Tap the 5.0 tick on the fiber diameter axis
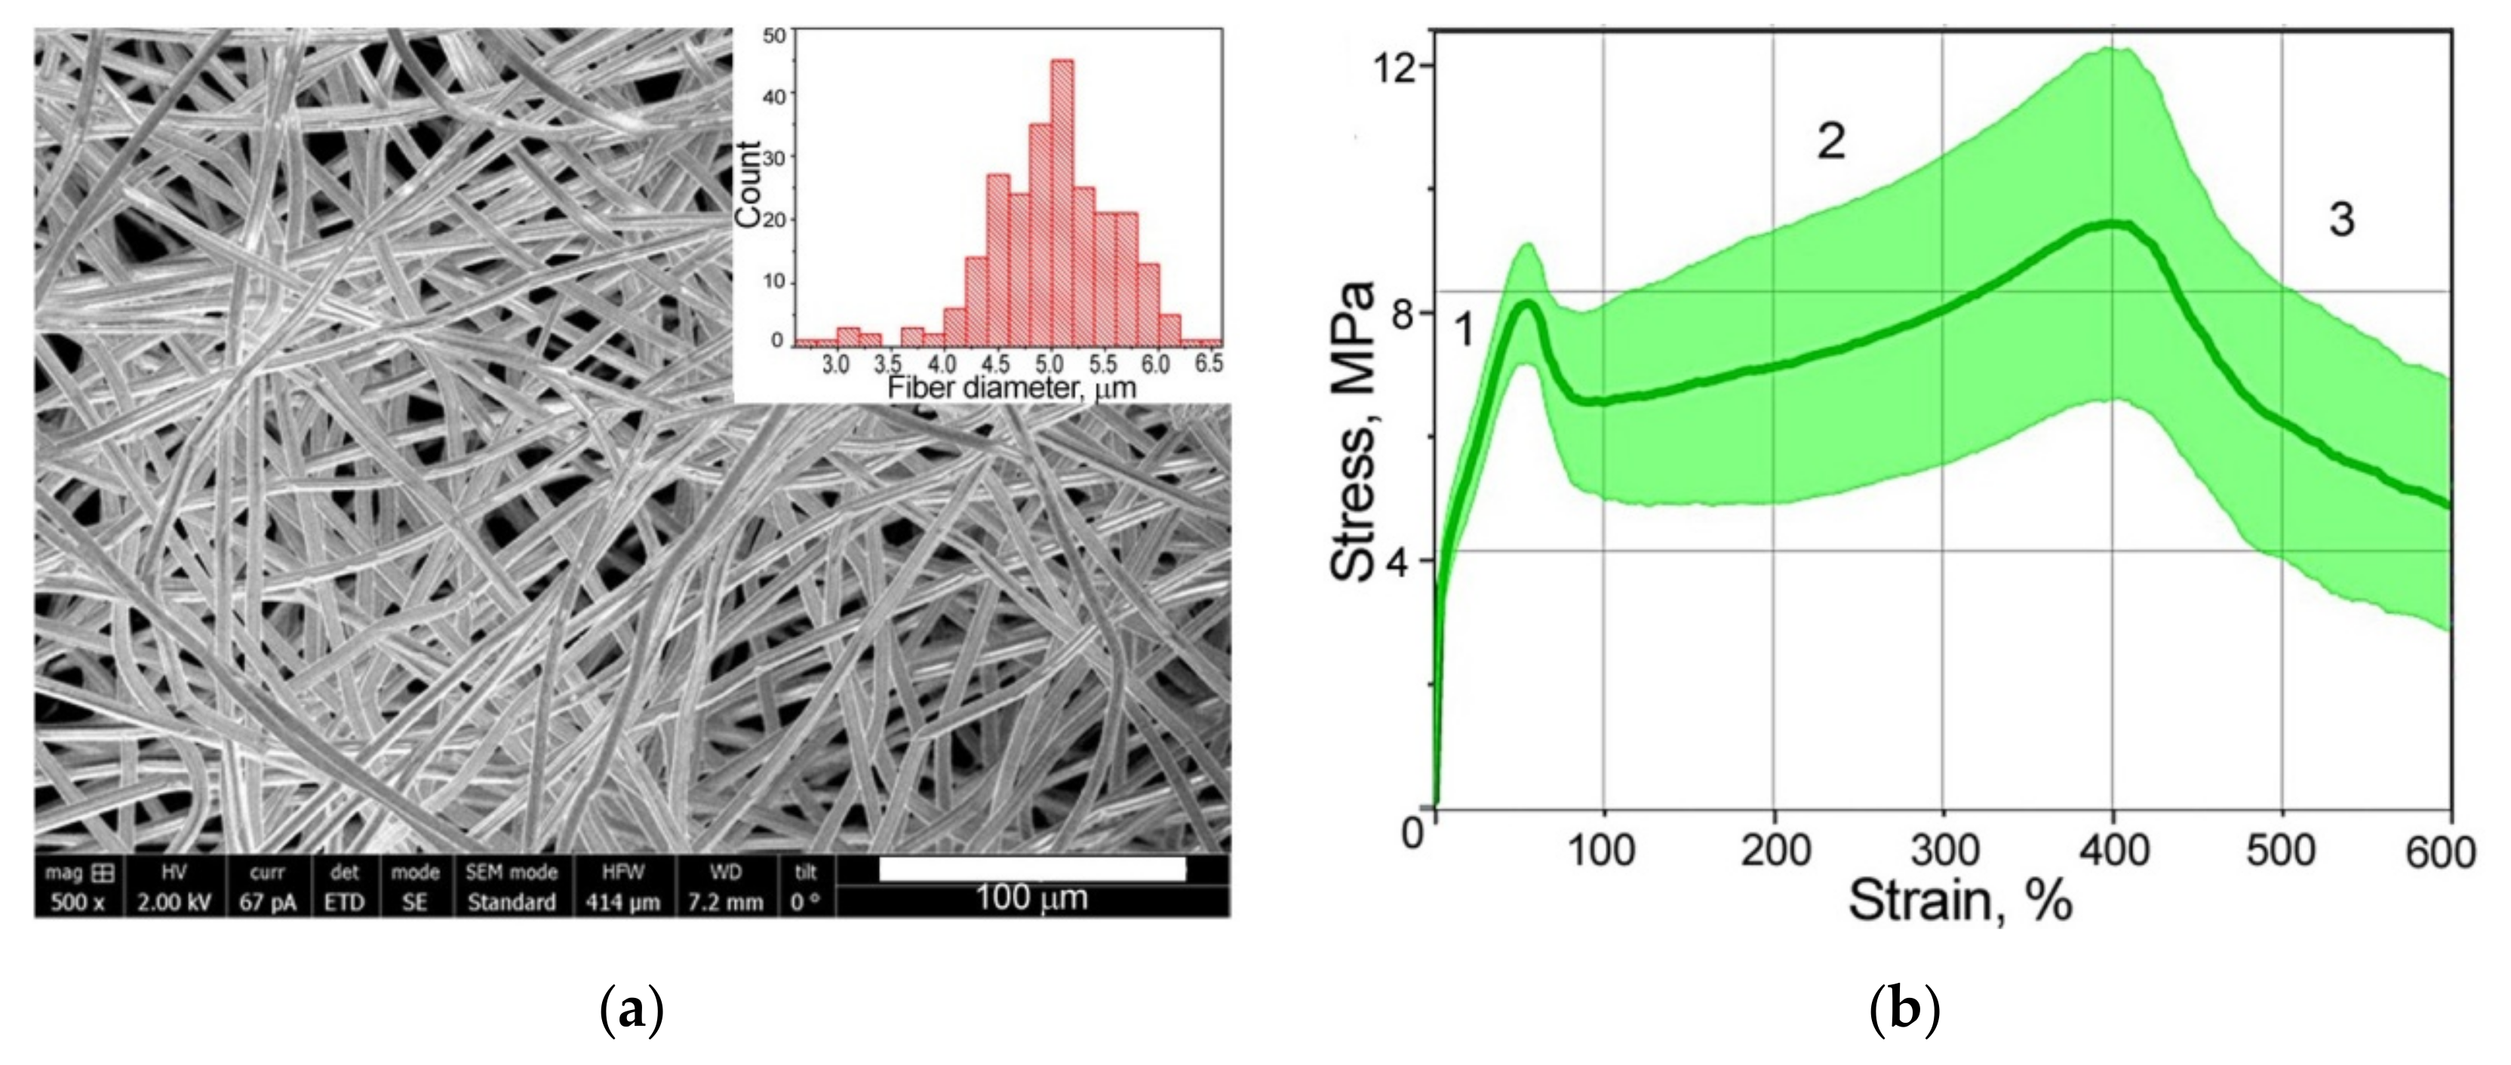(x=1049, y=364)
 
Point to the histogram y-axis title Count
(x=748, y=184)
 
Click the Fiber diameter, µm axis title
(x=1012, y=388)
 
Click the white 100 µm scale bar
(x=1032, y=869)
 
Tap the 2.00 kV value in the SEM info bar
(x=174, y=902)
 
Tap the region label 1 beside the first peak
(x=1464, y=331)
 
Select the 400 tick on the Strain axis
(x=2113, y=851)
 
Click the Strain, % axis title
(x=1959, y=901)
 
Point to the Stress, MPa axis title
(x=1354, y=431)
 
